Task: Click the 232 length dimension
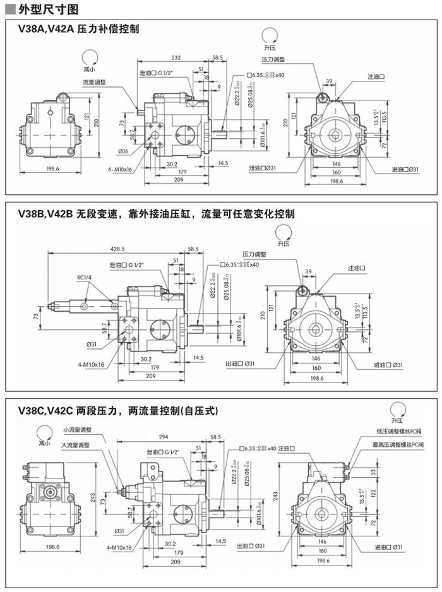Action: (x=176, y=58)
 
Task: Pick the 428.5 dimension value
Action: (x=117, y=249)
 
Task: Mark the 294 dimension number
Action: (x=163, y=437)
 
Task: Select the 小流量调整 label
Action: (x=77, y=430)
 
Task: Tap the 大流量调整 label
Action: (x=75, y=444)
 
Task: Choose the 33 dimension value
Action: (x=390, y=471)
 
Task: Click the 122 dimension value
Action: (x=390, y=493)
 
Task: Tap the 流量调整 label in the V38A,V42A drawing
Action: (x=94, y=82)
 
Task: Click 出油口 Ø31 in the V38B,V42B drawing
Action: (x=240, y=364)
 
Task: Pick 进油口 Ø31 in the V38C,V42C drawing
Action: (x=388, y=547)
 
